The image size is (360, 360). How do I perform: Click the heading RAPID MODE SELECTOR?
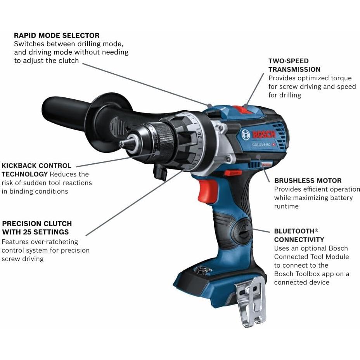coord(57,36)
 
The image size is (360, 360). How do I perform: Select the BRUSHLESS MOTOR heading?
coord(308,181)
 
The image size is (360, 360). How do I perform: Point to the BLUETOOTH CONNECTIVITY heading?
coord(299,235)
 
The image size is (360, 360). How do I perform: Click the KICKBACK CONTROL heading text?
coord(36,166)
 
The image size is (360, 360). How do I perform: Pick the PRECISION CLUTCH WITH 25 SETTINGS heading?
coord(37,228)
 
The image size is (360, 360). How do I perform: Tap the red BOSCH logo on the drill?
coord(264,135)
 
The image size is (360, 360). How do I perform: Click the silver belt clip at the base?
coord(251,301)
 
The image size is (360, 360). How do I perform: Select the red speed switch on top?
coord(242,109)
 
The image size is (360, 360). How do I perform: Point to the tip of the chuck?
coord(121,144)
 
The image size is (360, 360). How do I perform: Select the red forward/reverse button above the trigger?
coord(233,172)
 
